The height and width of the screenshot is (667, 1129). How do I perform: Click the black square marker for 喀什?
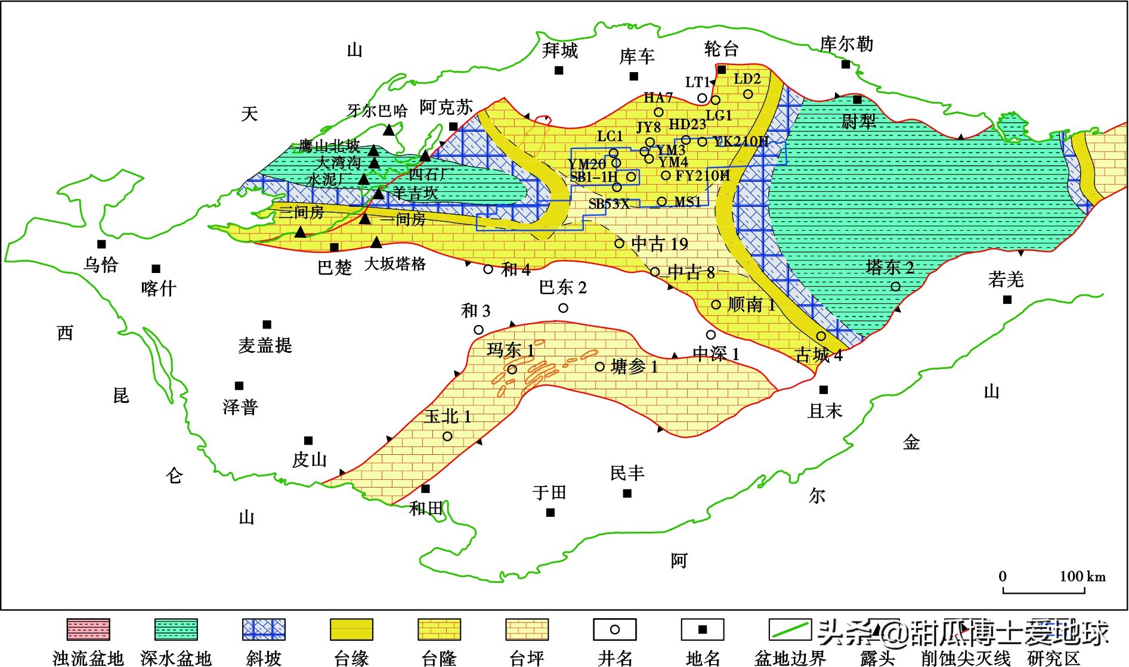156,269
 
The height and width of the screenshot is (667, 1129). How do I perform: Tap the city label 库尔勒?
846,44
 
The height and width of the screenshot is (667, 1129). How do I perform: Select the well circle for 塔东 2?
895,287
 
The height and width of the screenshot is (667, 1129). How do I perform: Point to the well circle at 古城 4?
821,336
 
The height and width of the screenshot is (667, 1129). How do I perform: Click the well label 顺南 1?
751,305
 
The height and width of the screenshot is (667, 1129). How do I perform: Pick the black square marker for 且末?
824,390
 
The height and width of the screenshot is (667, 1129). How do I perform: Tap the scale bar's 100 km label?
1082,576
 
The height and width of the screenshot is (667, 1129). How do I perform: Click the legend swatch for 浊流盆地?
88,629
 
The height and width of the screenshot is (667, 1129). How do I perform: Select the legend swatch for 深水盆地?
176,629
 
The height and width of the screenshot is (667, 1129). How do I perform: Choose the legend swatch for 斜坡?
264,629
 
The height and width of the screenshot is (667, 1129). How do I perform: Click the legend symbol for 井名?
615,629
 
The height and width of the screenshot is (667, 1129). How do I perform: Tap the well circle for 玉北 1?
447,436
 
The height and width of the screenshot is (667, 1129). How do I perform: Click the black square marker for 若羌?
1007,300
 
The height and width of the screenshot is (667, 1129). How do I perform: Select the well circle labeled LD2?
748,94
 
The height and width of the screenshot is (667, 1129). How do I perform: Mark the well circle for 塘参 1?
600,367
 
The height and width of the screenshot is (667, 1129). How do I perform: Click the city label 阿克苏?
446,107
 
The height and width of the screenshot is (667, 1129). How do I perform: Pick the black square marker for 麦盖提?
267,325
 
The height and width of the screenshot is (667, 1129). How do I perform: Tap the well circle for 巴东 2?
563,308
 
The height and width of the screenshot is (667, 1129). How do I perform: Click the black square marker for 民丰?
627,494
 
